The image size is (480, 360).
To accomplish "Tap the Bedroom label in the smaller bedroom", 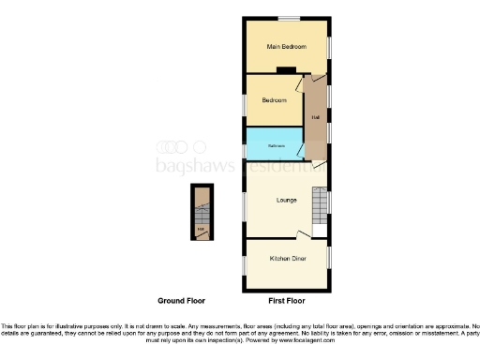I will (x=274, y=100).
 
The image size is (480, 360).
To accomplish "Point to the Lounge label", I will (x=286, y=200).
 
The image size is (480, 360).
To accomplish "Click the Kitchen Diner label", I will (x=286, y=257).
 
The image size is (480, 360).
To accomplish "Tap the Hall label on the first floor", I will (x=314, y=117).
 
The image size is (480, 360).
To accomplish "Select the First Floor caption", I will (x=286, y=302).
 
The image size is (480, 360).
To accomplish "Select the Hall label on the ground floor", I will (x=201, y=228).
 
